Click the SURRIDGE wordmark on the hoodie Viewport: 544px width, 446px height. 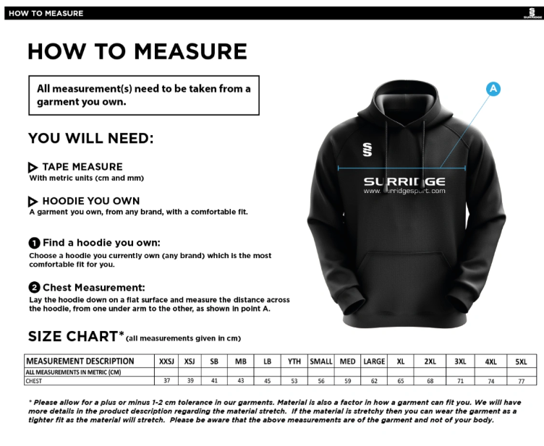click(x=404, y=181)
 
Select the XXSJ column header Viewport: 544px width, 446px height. click(x=167, y=361)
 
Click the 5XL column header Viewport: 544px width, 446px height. click(x=521, y=361)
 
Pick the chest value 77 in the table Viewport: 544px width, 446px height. click(x=521, y=380)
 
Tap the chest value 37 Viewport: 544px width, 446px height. click(x=167, y=380)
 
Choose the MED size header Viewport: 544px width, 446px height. click(x=347, y=361)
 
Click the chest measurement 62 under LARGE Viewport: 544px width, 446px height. click(x=373, y=380)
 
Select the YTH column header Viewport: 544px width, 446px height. click(x=294, y=361)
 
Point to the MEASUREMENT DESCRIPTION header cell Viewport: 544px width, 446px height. click(x=80, y=361)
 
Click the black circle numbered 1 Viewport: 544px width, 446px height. click(x=34, y=243)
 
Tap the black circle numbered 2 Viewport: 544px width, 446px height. click(x=34, y=288)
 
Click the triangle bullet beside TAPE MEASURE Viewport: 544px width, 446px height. click(x=33, y=167)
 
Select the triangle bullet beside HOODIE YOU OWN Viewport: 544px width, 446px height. click(x=33, y=201)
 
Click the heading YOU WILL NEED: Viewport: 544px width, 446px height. click(x=90, y=138)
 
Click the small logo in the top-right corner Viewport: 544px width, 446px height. click(x=533, y=12)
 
